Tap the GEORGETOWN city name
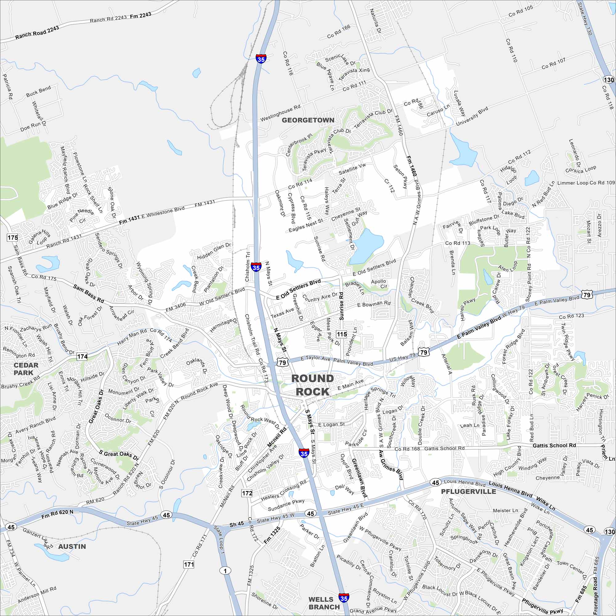tap(308, 120)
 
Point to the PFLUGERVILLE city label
tap(468, 492)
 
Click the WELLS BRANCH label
tap(324, 603)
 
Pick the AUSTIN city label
tap(72, 546)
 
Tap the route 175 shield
tap(13, 237)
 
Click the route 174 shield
tap(82, 356)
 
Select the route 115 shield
tap(342, 334)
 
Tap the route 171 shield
tap(189, 565)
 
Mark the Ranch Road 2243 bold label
tap(37, 33)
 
